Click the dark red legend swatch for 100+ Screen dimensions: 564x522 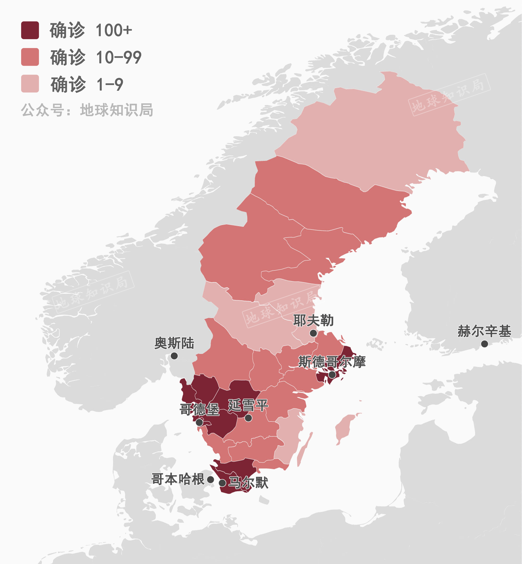point(30,30)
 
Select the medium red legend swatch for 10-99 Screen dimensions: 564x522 point(30,57)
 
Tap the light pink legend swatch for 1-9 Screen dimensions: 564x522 point(30,84)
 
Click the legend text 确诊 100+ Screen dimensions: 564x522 point(90,30)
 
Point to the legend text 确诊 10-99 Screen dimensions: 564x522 point(96,57)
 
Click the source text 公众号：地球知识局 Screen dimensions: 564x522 point(87,110)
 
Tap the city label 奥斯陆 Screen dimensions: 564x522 point(174,343)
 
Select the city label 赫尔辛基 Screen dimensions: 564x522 point(484,331)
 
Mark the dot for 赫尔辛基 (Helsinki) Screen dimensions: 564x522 point(484,344)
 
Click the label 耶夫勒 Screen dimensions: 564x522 point(313,320)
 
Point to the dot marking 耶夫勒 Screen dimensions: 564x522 point(313,333)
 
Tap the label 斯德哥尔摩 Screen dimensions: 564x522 point(332,362)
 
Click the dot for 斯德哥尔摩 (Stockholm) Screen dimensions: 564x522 point(332,375)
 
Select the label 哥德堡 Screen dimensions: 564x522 point(199,409)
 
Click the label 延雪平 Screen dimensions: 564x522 point(248,406)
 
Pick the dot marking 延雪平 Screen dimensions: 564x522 point(248,418)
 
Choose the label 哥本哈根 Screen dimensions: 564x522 point(178,479)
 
